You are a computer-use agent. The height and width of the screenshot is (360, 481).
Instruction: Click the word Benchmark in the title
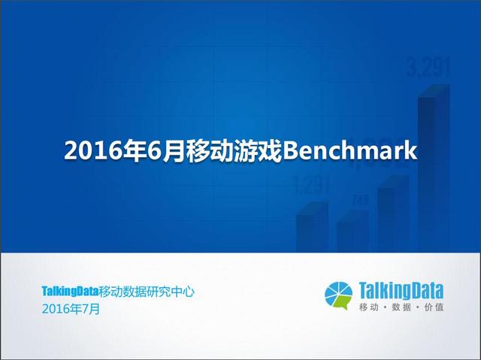pyautogui.click(x=350, y=150)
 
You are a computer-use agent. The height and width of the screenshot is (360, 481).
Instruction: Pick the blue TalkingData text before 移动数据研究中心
pyautogui.click(x=70, y=291)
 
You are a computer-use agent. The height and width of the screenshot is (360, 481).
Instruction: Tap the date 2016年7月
pyautogui.click(x=71, y=309)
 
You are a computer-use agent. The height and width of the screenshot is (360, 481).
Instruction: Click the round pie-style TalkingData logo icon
pyautogui.click(x=339, y=295)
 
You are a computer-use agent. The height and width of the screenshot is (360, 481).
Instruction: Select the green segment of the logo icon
pyautogui.click(x=343, y=302)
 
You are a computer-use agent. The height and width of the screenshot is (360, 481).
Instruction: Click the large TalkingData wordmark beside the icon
pyautogui.click(x=401, y=291)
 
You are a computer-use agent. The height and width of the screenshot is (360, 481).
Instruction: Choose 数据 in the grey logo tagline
pyautogui.click(x=401, y=307)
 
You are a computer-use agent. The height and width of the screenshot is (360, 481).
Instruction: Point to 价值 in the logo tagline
pyautogui.click(x=434, y=307)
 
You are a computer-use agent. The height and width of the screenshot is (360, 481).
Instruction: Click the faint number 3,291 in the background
pyautogui.click(x=428, y=68)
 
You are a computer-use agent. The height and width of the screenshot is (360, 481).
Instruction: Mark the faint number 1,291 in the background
pyautogui.click(x=311, y=185)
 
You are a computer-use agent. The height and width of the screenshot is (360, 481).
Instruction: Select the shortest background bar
pyautogui.click(x=352, y=231)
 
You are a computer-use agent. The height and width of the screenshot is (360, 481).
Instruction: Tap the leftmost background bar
pyautogui.click(x=312, y=227)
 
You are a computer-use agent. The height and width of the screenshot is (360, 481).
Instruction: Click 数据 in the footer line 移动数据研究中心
pyautogui.click(x=135, y=292)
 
